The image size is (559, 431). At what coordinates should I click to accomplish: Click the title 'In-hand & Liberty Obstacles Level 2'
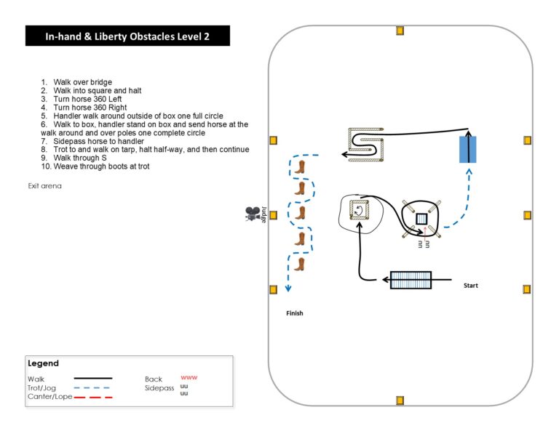(x=127, y=36)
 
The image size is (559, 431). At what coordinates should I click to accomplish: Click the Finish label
(x=294, y=313)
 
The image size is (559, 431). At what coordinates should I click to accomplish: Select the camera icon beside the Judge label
(x=252, y=214)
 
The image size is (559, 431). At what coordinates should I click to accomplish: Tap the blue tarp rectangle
(x=467, y=149)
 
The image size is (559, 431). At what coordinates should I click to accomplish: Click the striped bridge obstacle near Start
(x=411, y=280)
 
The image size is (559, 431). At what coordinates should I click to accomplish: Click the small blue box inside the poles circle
(x=421, y=219)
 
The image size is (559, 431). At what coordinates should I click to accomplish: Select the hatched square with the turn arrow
(x=360, y=210)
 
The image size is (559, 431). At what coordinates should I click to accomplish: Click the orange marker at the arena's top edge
(x=400, y=31)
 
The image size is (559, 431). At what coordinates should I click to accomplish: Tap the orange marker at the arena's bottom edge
(x=400, y=400)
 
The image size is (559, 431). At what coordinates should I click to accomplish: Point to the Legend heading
(x=43, y=363)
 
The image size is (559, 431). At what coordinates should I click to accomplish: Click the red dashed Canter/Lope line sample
(x=92, y=397)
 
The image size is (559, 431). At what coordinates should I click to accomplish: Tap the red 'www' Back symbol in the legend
(x=189, y=378)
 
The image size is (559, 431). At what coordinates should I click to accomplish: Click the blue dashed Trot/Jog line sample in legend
(x=92, y=387)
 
